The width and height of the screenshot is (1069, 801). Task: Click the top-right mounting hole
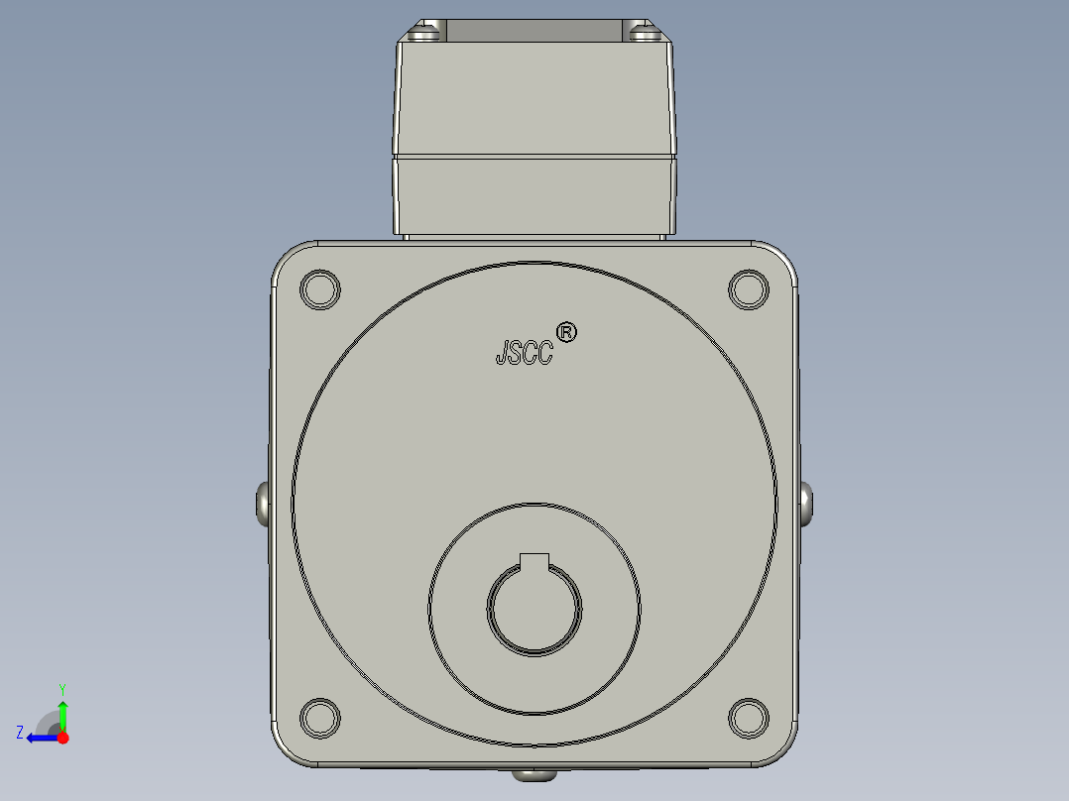click(x=749, y=288)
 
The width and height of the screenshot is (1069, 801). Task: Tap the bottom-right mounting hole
click(x=749, y=717)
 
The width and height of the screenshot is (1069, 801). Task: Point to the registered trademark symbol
click(x=566, y=332)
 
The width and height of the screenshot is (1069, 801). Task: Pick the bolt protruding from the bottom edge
click(x=534, y=774)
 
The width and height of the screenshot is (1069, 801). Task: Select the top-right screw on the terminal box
click(x=645, y=34)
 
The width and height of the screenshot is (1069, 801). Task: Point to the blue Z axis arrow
click(x=39, y=738)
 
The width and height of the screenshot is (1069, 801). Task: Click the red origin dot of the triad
click(x=62, y=738)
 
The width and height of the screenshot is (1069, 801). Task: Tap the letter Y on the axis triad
click(x=61, y=688)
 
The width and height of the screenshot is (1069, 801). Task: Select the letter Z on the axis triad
click(x=20, y=732)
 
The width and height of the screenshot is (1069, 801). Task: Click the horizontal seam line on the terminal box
click(x=534, y=157)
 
